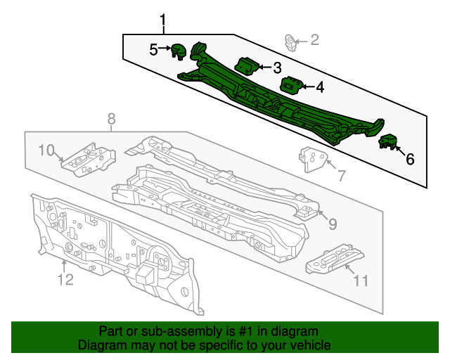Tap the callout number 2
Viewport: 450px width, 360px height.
tap(314, 40)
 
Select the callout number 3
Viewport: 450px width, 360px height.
tap(277, 67)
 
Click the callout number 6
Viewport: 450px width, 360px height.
tap(409, 159)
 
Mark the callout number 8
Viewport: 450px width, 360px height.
tap(111, 120)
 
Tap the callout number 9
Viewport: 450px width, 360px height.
tap(332, 224)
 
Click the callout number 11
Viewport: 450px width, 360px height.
tap(361, 281)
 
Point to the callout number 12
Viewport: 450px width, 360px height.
tap(65, 281)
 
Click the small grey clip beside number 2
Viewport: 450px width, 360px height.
tap(290, 41)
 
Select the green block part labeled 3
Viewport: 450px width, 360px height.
tap(247, 65)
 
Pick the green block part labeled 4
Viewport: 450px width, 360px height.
tap(290, 86)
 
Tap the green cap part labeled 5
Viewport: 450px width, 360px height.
tap(179, 50)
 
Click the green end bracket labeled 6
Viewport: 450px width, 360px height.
tap(387, 142)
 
